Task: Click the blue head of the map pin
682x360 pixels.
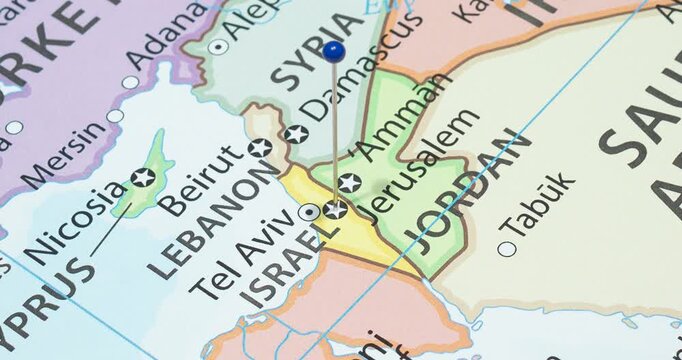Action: click(334, 50)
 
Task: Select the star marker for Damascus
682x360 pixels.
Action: click(294, 134)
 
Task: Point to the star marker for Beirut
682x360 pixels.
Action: click(260, 148)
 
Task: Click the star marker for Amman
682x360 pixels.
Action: click(349, 182)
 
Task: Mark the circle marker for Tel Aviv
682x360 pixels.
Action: click(310, 212)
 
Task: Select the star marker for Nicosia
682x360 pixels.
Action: click(143, 178)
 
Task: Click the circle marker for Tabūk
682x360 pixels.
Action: click(507, 248)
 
